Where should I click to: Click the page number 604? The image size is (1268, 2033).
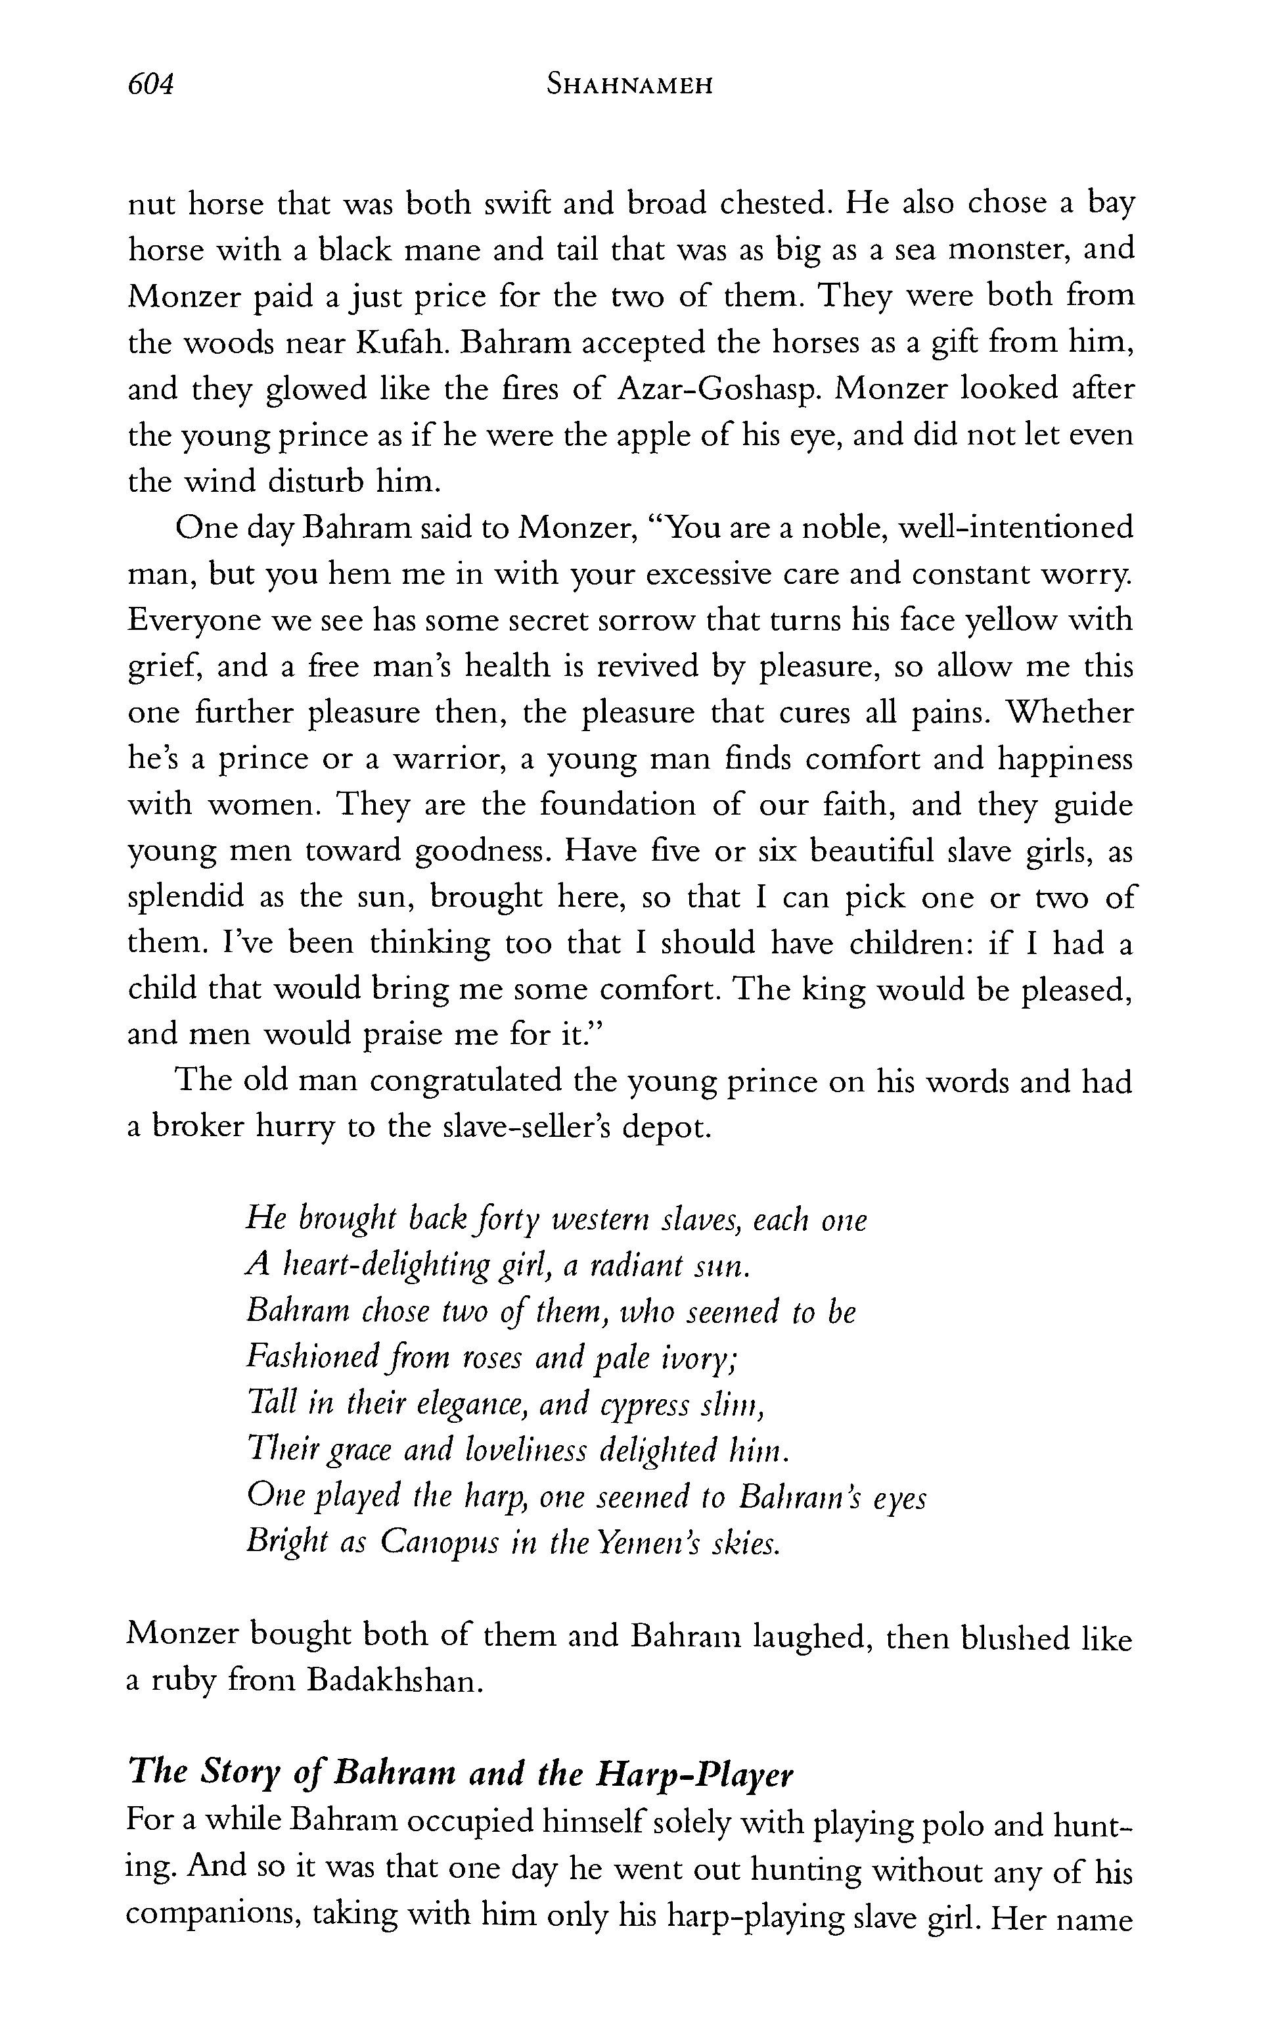(x=150, y=85)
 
